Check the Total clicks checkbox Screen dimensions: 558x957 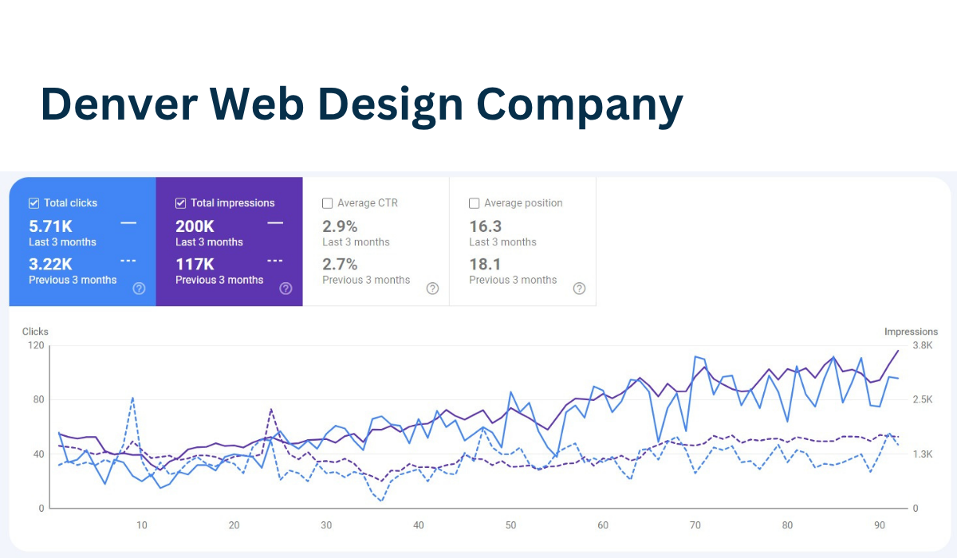(33, 203)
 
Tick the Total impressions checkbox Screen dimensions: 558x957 (180, 203)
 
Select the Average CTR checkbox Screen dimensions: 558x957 (327, 203)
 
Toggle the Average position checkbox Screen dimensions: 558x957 (474, 203)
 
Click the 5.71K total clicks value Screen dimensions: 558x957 (51, 226)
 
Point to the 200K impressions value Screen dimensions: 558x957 (195, 226)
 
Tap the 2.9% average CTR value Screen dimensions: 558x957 (340, 226)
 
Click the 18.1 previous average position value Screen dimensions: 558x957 (485, 265)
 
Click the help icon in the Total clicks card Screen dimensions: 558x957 (139, 289)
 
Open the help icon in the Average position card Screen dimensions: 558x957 (579, 289)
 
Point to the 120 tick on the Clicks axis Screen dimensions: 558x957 (35, 346)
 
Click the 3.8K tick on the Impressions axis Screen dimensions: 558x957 (922, 346)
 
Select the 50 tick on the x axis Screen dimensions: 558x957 (510, 525)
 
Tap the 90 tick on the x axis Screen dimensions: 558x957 (880, 525)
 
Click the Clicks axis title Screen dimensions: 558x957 (35, 332)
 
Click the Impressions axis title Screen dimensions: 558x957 (911, 332)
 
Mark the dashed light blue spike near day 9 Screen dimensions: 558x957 (132, 398)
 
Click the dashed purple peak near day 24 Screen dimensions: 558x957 (271, 410)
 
